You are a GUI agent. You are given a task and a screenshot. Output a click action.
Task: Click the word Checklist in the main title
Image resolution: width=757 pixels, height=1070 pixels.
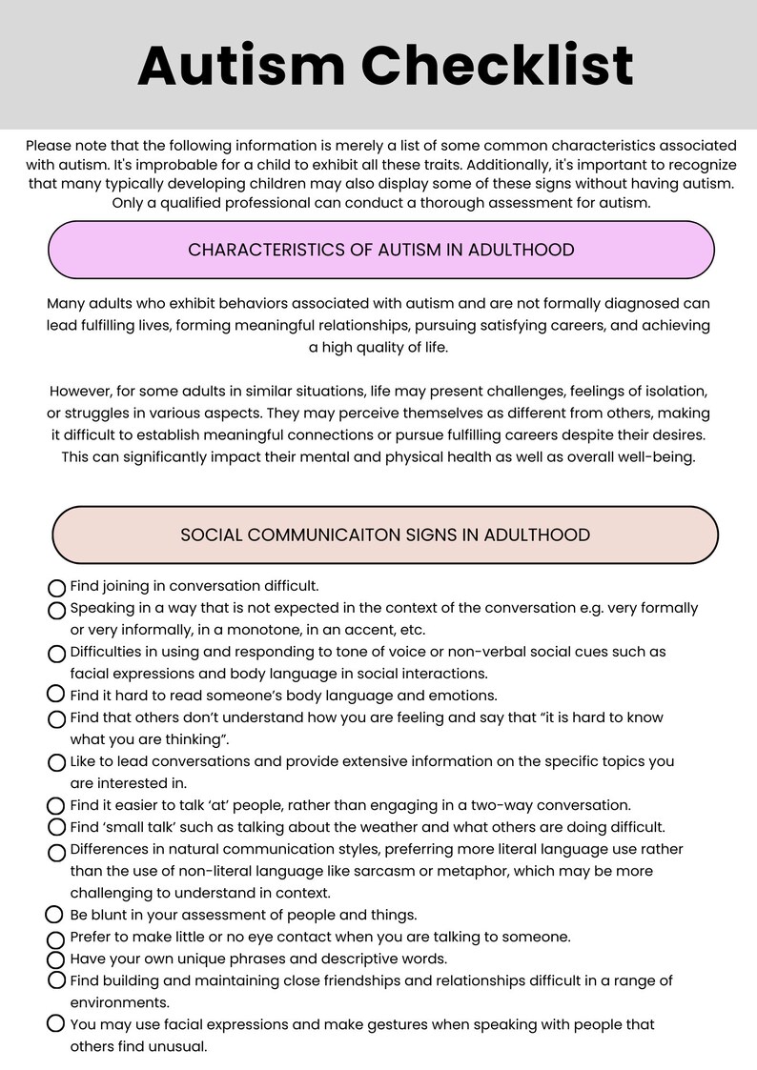click(497, 66)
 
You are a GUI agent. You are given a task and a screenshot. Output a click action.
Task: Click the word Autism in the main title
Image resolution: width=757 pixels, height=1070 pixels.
click(241, 66)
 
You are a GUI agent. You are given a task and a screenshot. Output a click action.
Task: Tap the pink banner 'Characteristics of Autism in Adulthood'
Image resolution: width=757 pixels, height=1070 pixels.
click(380, 250)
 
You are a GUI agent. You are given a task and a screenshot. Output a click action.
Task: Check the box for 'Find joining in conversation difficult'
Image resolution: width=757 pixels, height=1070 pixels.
click(56, 588)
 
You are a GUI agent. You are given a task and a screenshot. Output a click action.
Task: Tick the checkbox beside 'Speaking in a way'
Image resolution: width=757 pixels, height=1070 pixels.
click(56, 610)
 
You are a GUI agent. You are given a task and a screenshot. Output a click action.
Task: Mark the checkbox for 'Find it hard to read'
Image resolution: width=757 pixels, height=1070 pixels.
click(56, 696)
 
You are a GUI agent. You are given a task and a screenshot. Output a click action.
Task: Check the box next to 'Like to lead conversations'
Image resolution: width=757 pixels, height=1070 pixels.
click(56, 762)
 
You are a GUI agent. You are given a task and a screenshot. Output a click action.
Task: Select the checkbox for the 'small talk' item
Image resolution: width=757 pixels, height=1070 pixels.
click(56, 827)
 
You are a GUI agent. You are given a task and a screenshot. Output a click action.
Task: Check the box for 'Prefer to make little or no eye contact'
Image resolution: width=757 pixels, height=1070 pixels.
click(56, 939)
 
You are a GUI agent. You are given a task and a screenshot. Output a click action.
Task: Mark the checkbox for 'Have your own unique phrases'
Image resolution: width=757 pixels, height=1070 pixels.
click(56, 959)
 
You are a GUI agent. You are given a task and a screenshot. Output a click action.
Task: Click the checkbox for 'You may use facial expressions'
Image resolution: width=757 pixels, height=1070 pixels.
click(56, 1025)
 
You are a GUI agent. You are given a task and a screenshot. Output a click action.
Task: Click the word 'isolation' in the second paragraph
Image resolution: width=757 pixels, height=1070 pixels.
click(672, 392)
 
